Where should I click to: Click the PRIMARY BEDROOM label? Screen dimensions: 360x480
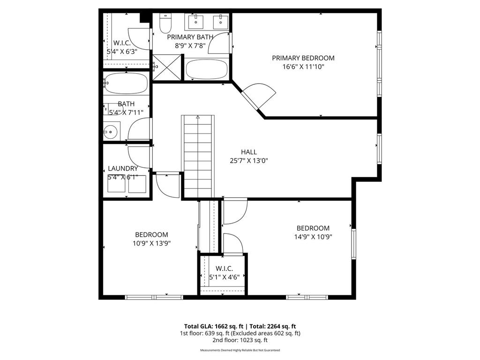(x=303, y=58)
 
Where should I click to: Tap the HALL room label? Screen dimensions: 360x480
(x=248, y=152)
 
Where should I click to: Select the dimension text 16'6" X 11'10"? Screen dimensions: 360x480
(x=303, y=67)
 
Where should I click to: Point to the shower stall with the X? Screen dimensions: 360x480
(x=165, y=68)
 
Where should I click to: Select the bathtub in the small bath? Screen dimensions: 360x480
(x=126, y=83)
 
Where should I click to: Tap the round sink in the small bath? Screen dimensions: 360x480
(x=111, y=132)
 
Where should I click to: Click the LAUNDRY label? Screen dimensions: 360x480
(x=123, y=169)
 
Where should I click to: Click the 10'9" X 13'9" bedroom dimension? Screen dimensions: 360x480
(x=151, y=243)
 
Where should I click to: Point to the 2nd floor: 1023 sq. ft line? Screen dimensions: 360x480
(x=240, y=340)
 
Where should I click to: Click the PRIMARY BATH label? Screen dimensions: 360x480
(x=190, y=37)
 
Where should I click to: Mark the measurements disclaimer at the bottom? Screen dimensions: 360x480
(x=240, y=350)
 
